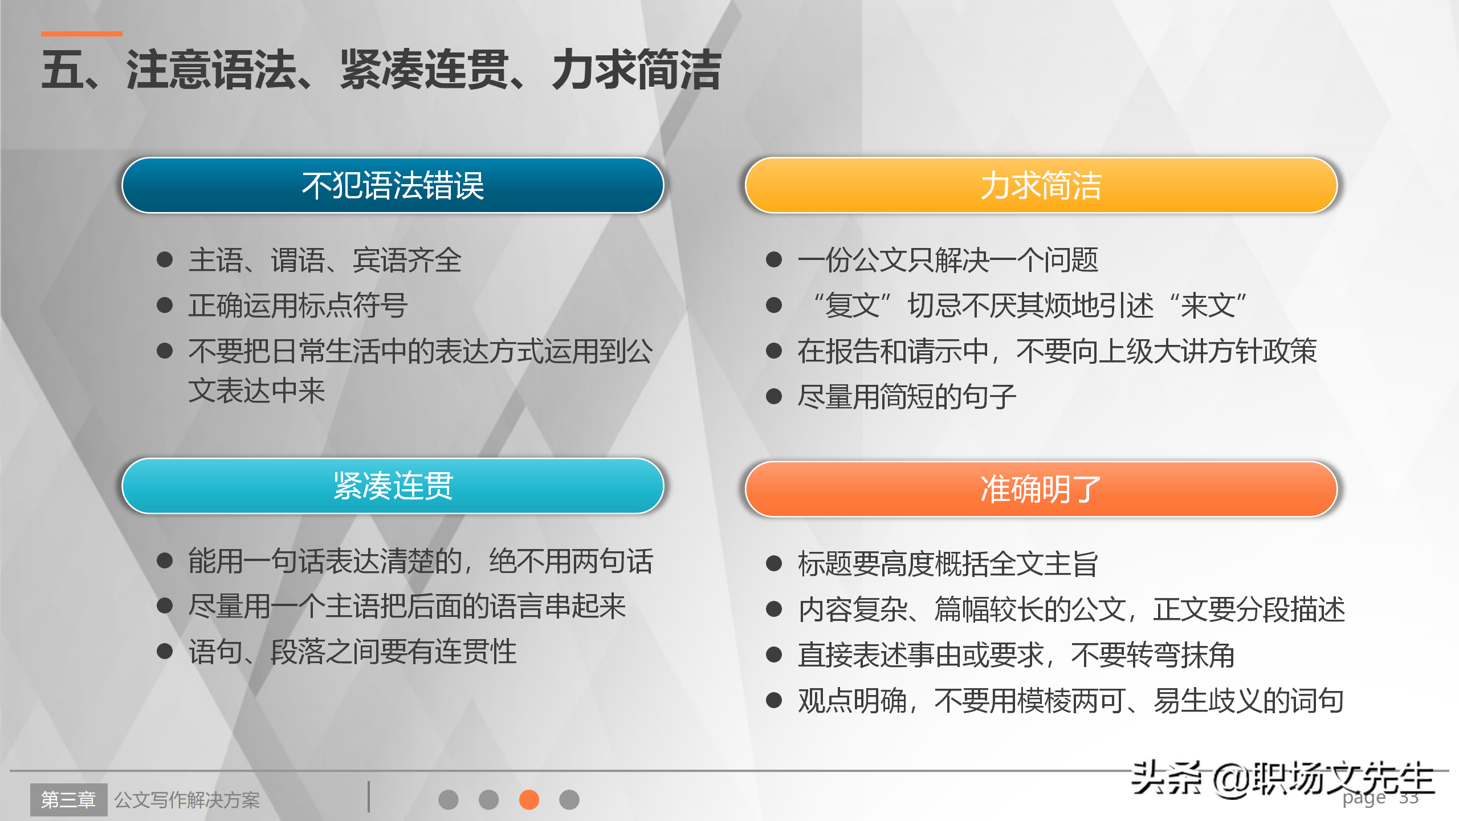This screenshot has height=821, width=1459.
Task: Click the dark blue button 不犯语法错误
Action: [393, 185]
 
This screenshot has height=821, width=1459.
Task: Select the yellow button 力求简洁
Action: [1041, 185]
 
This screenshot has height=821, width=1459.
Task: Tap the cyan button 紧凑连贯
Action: [393, 486]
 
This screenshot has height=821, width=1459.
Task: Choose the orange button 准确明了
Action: [1041, 489]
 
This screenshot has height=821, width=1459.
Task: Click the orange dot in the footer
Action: [529, 799]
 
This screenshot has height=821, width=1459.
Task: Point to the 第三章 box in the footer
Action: [68, 799]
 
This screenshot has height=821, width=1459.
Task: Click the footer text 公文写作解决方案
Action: [187, 800]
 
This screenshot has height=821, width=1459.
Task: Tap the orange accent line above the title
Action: [81, 34]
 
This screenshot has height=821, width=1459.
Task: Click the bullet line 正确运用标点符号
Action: [297, 306]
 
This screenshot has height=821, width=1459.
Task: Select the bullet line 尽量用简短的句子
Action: [906, 397]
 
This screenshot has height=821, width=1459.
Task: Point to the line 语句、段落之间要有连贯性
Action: [352, 652]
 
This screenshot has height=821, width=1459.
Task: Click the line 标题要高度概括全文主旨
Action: [947, 564]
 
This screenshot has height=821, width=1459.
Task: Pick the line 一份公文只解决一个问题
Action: [947, 260]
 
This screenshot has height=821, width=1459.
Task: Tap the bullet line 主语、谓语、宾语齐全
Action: [325, 260]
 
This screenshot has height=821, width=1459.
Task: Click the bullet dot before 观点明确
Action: [773, 700]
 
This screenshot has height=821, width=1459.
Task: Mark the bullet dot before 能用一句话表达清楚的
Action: [165, 560]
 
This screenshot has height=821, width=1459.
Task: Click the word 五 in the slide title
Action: [63, 70]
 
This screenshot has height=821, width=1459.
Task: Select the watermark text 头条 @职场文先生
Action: [1282, 779]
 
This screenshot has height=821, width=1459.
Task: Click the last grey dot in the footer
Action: [569, 799]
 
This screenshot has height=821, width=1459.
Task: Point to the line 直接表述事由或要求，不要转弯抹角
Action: [1016, 655]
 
